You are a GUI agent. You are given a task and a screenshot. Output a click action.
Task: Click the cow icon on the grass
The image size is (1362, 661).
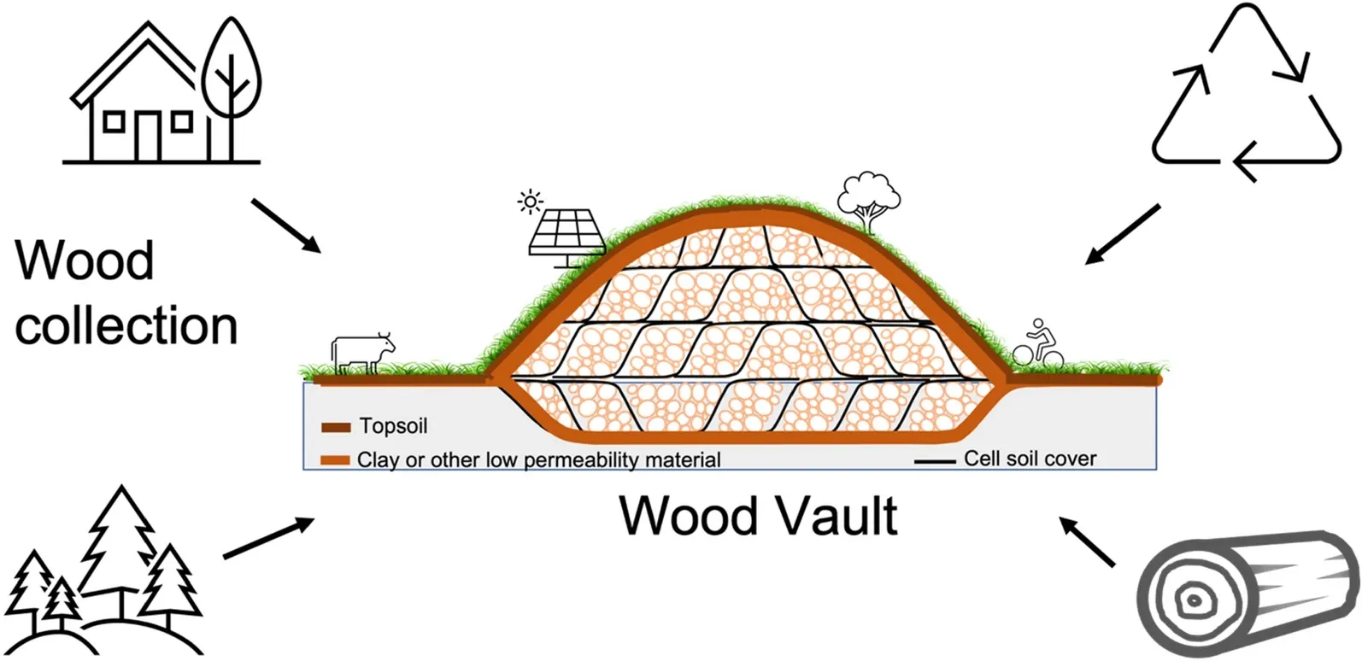tap(363, 352)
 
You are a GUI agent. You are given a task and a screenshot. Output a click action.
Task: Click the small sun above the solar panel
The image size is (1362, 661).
tap(531, 202)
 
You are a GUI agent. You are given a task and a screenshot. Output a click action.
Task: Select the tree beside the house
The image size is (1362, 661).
tap(231, 85)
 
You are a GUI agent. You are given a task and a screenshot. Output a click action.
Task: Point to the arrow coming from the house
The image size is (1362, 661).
tap(285, 226)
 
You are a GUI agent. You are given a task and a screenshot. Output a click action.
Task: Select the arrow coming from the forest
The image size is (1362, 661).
tap(269, 538)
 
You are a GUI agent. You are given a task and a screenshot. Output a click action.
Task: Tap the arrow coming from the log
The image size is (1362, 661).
tap(1088, 541)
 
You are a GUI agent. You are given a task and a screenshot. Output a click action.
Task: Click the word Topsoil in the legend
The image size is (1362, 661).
tap(393, 425)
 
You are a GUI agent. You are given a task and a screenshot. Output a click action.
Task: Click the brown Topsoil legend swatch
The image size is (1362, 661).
tap(336, 427)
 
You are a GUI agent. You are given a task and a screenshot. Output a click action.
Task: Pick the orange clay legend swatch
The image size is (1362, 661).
tap(336, 460)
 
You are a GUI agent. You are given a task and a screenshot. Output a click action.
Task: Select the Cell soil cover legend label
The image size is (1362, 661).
tap(1030, 459)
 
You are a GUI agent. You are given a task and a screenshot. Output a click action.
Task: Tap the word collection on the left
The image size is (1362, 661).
tap(126, 326)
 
